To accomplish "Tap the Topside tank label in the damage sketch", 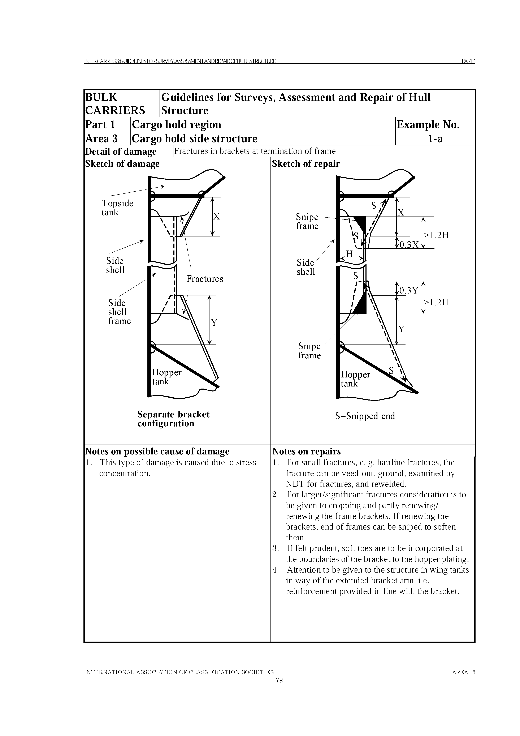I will (117, 208).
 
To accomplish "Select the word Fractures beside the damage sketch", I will (205, 279).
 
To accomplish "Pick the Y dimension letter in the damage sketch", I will (214, 322).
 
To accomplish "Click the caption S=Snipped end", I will (365, 416).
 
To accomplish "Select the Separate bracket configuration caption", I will (173, 419).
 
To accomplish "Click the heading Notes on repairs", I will (306, 451).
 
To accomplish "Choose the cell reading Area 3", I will (101, 138).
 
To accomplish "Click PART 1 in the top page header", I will (468, 61).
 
